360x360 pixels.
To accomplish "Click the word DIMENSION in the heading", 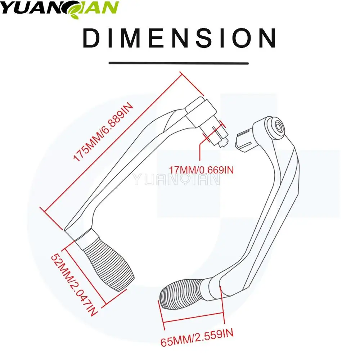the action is point(179,39).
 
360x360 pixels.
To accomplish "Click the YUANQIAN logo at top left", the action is point(59,8).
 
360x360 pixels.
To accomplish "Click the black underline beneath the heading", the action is point(179,63).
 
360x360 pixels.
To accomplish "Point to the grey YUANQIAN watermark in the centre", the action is point(176,179).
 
